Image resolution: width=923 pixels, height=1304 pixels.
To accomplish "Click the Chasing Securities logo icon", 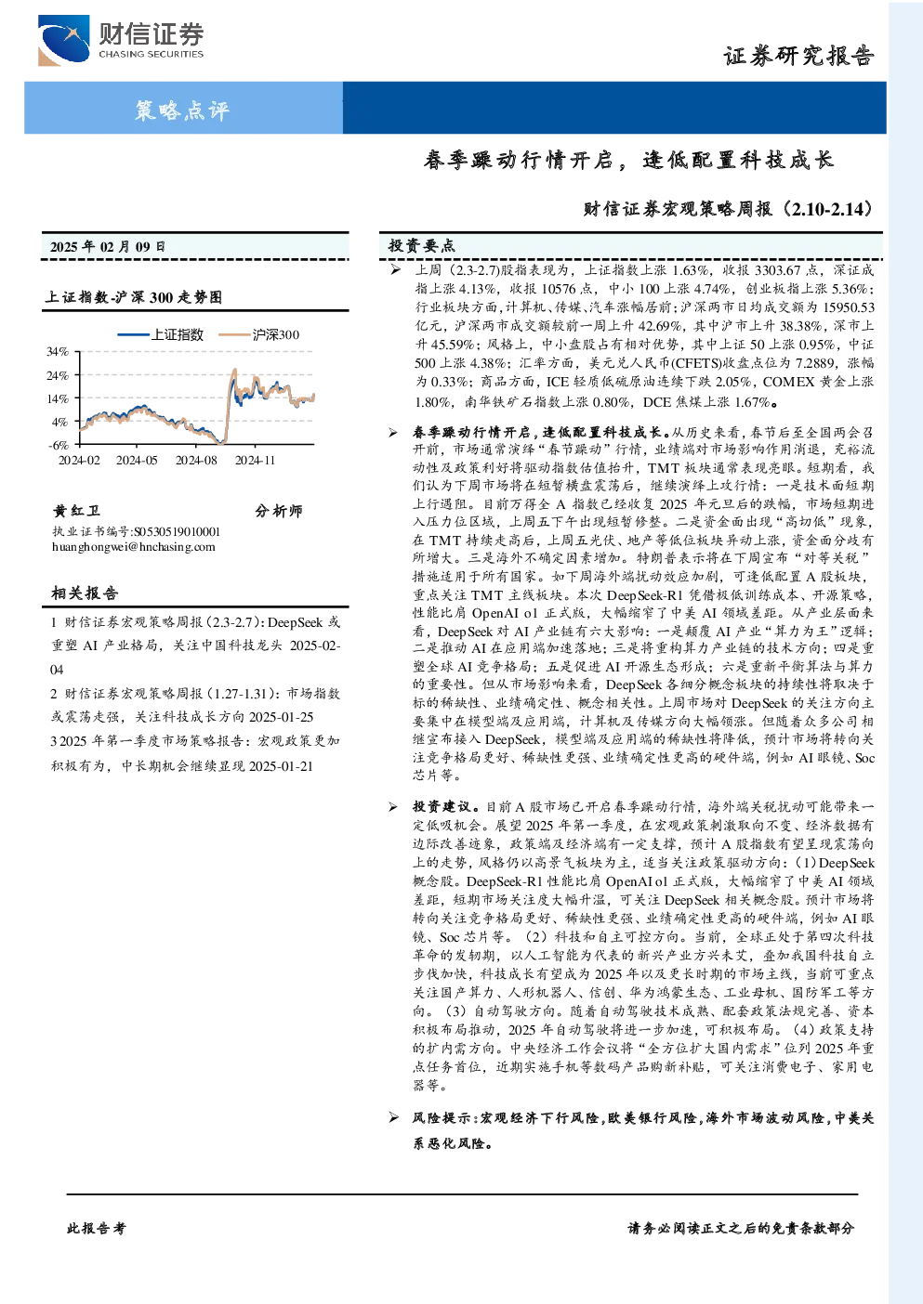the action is pyautogui.click(x=64, y=40).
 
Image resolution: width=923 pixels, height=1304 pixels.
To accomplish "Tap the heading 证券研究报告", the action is pyautogui.click(x=798, y=56).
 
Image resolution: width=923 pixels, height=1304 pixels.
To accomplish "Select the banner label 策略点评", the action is pyautogui.click(x=182, y=110).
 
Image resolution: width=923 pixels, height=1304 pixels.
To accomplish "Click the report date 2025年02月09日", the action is pyautogui.click(x=108, y=247).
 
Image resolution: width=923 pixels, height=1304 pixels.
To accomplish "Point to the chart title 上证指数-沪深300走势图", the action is pyautogui.click(x=134, y=297).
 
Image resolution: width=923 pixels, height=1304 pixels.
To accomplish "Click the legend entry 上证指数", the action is pyautogui.click(x=160, y=334).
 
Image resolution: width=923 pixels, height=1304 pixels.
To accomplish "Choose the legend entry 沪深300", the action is pyautogui.click(x=258, y=334).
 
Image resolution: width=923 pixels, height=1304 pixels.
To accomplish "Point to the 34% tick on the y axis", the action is pyautogui.click(x=58, y=352).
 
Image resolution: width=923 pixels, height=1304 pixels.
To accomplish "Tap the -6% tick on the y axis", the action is pyautogui.click(x=59, y=445).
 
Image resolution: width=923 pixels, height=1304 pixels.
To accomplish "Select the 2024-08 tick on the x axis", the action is pyautogui.click(x=196, y=461).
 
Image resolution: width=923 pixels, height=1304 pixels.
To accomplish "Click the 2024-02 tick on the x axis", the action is pyautogui.click(x=79, y=461).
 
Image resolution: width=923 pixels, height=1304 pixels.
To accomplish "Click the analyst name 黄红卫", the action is pyautogui.click(x=76, y=511).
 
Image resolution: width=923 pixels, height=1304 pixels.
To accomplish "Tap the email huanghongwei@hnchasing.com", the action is pyautogui.click(x=134, y=547).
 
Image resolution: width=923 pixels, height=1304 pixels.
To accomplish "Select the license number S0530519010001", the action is pyautogui.click(x=178, y=531).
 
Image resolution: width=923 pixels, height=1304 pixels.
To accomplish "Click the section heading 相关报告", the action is pyautogui.click(x=86, y=593).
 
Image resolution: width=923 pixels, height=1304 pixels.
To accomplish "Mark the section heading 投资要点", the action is pyautogui.click(x=422, y=246).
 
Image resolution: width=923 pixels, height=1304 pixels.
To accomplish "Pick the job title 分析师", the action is pyautogui.click(x=279, y=511).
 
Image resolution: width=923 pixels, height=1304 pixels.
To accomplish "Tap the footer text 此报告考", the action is pyautogui.click(x=96, y=1229).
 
